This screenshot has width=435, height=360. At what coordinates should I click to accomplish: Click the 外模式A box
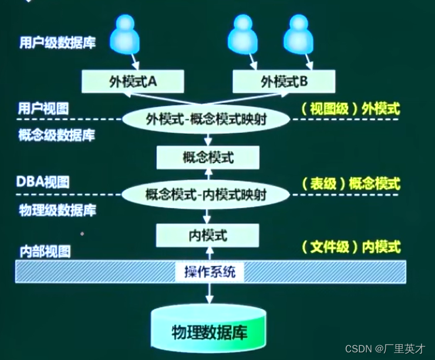133,82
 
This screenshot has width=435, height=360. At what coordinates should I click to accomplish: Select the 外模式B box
284,82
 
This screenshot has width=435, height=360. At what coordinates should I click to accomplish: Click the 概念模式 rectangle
208,157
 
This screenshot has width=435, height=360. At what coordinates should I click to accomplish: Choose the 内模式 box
207,235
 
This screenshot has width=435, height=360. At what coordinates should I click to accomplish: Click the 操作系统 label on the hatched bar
210,272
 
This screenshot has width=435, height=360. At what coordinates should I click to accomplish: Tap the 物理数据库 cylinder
209,332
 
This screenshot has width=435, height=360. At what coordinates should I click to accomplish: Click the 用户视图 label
43,109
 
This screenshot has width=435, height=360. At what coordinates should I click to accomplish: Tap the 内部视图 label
43,252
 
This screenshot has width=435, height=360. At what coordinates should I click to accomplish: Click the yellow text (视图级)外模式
350,109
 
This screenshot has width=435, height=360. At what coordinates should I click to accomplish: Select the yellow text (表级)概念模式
350,183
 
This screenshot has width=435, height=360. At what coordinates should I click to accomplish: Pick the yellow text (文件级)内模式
350,247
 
